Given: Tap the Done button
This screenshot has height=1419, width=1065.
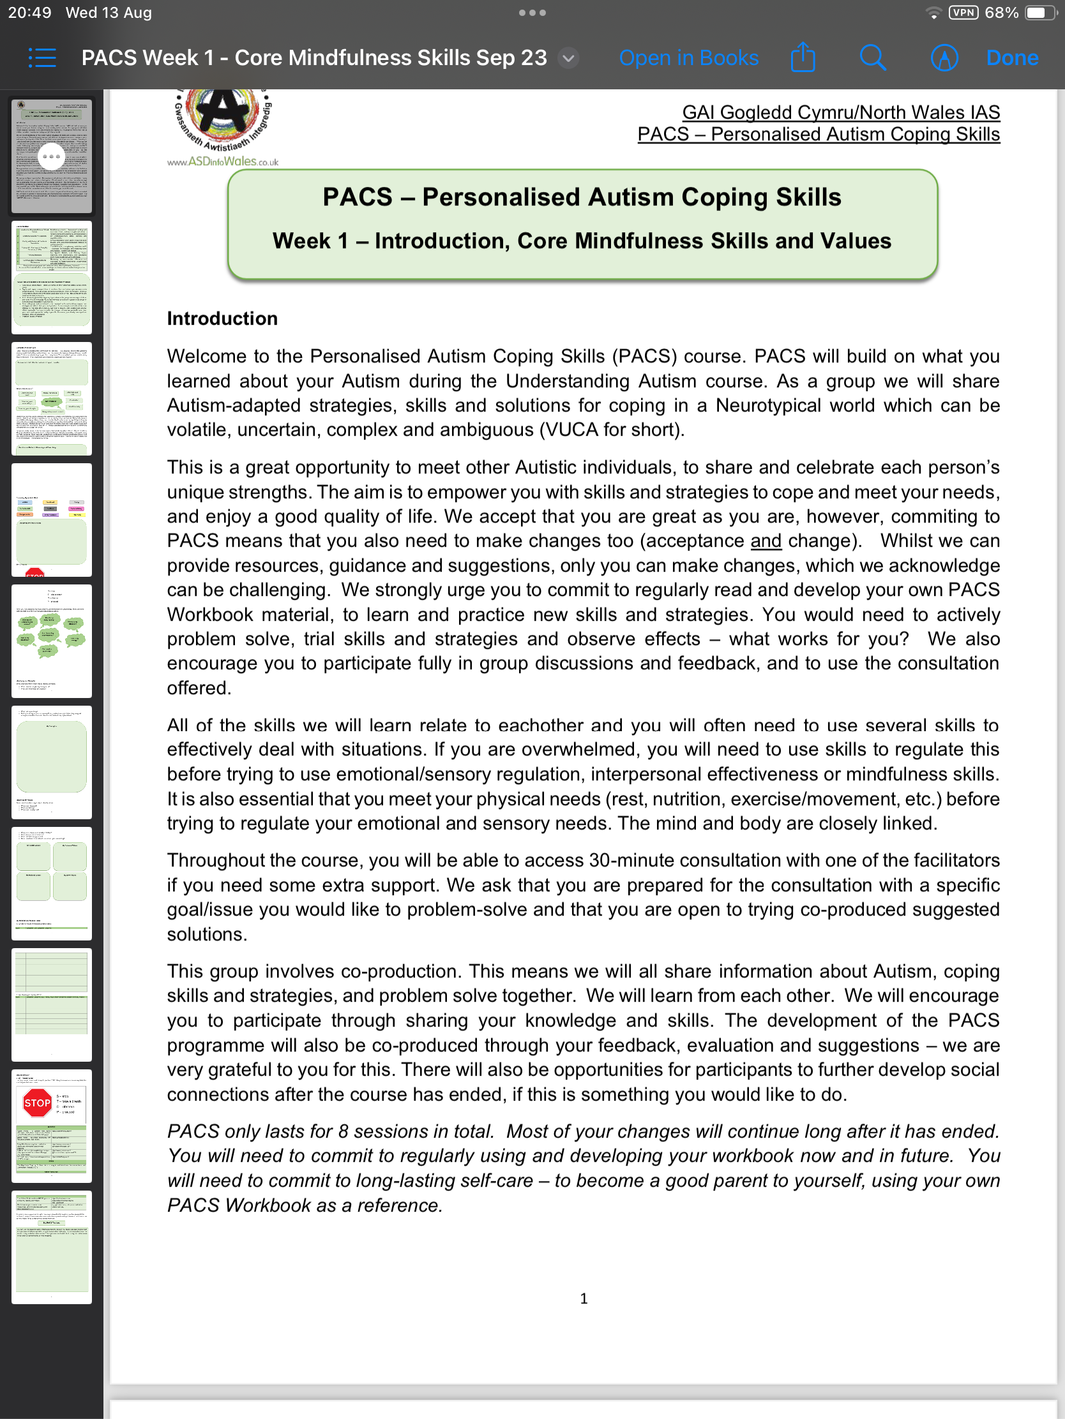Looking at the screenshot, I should (x=1012, y=57).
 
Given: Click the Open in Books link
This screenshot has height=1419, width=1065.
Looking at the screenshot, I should (x=688, y=57).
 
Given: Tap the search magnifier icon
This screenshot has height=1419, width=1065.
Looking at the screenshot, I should (x=872, y=57).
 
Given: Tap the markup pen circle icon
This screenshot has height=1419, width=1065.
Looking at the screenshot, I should (x=944, y=57).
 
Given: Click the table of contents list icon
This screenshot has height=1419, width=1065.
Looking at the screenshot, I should (x=42, y=57).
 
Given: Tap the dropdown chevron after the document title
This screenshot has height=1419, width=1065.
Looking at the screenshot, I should (x=568, y=58).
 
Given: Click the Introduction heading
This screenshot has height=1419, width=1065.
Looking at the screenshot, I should (x=222, y=318).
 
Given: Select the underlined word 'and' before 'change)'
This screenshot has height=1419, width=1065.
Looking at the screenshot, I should (x=766, y=541).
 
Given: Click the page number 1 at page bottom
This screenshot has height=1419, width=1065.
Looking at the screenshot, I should (x=584, y=1298).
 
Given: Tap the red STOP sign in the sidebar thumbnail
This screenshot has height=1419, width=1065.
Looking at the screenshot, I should (x=36, y=1103).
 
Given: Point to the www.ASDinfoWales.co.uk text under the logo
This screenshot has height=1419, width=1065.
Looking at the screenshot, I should (x=223, y=161).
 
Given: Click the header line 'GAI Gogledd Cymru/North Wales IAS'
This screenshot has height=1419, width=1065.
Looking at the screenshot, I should (x=840, y=112).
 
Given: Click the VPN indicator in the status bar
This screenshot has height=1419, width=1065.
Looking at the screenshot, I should (x=963, y=13).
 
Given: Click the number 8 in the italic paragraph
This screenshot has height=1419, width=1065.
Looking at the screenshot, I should (x=344, y=1132).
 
